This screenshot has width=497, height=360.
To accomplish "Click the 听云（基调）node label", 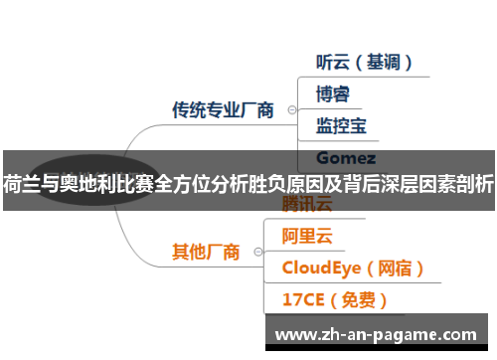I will (x=364, y=62).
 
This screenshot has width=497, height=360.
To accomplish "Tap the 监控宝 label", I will (x=341, y=125).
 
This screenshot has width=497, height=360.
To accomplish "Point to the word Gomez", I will (x=345, y=157).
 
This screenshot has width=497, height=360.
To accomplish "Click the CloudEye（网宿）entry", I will (x=353, y=268).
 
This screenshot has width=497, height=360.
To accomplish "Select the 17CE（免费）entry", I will (x=334, y=299).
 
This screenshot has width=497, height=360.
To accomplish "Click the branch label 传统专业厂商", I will (x=223, y=109).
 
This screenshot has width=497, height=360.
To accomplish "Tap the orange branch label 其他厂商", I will (x=206, y=252).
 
